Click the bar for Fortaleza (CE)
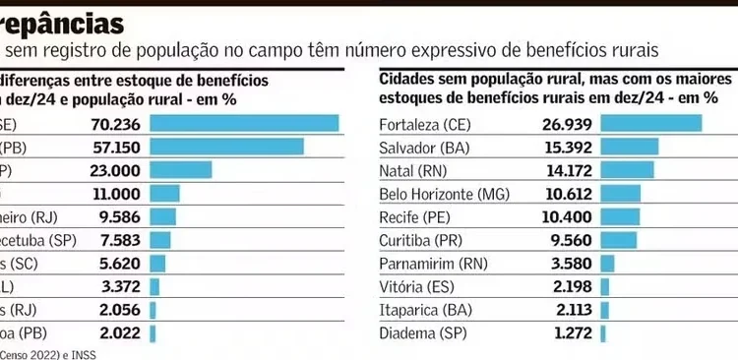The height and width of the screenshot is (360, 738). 650,123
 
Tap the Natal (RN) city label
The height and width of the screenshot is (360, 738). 412,169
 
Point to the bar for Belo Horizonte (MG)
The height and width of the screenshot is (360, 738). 620,193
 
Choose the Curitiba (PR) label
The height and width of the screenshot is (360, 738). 421,240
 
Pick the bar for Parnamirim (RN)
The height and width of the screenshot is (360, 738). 607,264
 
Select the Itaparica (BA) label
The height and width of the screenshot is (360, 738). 422,310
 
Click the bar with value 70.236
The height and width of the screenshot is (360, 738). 245,123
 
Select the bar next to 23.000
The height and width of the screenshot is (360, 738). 182,169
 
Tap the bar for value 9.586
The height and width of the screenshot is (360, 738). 163,216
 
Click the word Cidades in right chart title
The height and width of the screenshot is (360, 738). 407,78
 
